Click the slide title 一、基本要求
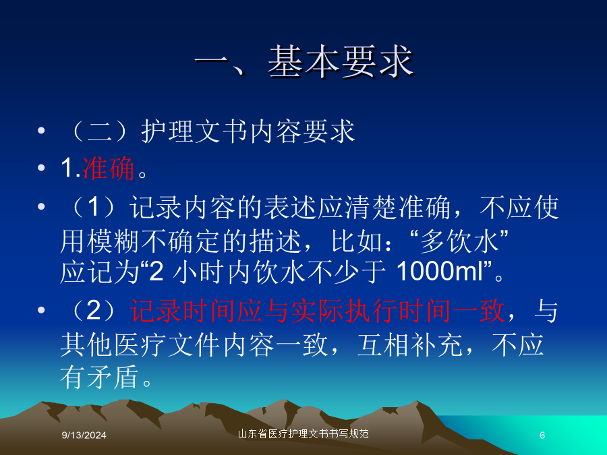click(304, 62)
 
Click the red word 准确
click(109, 169)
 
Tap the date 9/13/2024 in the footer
click(84, 435)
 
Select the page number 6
click(542, 435)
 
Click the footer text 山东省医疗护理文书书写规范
click(303, 433)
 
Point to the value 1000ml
click(440, 271)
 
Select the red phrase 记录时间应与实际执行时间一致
click(318, 311)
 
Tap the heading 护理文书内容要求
click(248, 131)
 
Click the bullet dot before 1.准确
click(41, 168)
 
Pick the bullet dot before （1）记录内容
click(41, 207)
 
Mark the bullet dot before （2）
click(41, 310)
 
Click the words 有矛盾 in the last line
click(100, 377)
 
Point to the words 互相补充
click(410, 344)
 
